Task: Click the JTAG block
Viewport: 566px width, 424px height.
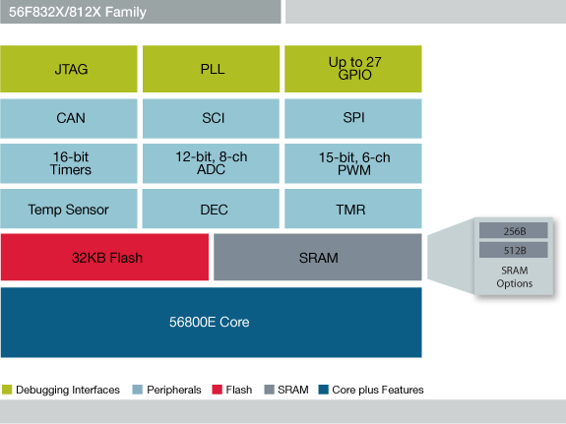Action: click(x=70, y=69)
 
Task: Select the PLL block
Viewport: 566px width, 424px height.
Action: click(x=212, y=69)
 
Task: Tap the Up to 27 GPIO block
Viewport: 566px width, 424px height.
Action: click(x=353, y=69)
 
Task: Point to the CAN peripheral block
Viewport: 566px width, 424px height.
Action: click(x=70, y=118)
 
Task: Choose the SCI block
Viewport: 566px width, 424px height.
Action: click(x=212, y=118)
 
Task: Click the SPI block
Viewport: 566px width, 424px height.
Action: click(x=353, y=118)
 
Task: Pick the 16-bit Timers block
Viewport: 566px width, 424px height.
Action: click(x=70, y=163)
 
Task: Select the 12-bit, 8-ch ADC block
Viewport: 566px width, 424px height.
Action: click(x=212, y=163)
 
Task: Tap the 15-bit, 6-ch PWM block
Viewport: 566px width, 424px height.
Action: click(x=353, y=163)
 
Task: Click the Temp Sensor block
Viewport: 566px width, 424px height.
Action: click(x=70, y=209)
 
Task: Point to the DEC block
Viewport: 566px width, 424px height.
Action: click(x=212, y=209)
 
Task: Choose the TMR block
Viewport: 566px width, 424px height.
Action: click(x=353, y=209)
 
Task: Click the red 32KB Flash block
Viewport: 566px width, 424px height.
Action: click(x=104, y=258)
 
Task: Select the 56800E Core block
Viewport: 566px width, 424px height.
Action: click(x=212, y=322)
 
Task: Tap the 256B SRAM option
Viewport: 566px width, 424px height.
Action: click(x=512, y=230)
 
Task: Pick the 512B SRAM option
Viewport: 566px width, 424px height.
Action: click(x=512, y=249)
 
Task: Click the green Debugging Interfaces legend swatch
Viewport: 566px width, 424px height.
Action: click(x=6, y=390)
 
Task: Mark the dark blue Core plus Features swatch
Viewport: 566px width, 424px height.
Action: click(x=323, y=390)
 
